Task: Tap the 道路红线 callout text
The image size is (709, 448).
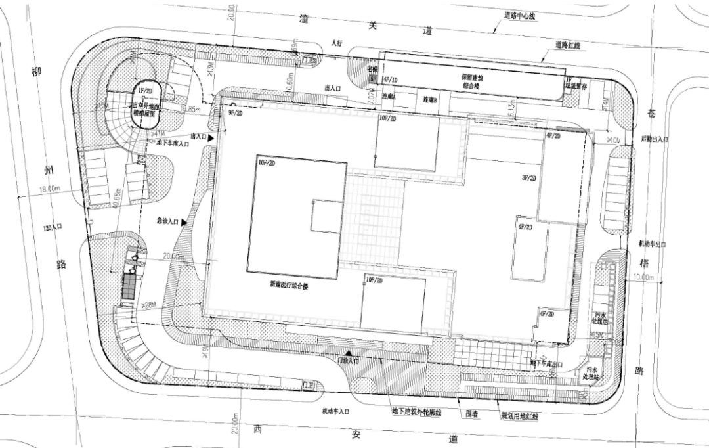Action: point(569,45)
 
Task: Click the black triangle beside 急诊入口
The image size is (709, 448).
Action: point(185,223)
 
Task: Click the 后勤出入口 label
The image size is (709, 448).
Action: point(655,140)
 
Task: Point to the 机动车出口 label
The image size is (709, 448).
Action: point(653,244)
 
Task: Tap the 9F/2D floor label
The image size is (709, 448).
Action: point(235,114)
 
